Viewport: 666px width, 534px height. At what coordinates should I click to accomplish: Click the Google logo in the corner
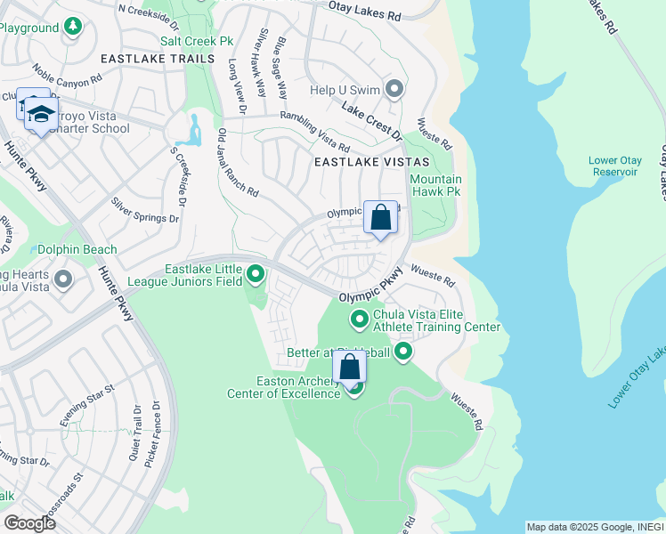pos(29,523)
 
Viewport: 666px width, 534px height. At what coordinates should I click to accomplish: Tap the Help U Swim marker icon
pos(394,89)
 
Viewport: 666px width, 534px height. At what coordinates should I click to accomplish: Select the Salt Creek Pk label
pos(196,41)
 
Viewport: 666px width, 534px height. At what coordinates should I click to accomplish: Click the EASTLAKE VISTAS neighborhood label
pos(371,163)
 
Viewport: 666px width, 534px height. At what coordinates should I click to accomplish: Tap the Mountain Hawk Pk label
pos(435,185)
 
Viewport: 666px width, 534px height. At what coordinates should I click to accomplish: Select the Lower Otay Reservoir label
pos(615,166)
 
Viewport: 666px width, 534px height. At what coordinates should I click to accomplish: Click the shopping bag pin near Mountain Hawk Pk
pos(380,218)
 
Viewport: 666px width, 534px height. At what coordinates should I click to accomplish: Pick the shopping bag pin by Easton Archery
pos(350,367)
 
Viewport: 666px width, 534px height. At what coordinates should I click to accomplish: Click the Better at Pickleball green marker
pos(403,353)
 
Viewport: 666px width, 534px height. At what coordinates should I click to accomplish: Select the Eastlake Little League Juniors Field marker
pos(256,274)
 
